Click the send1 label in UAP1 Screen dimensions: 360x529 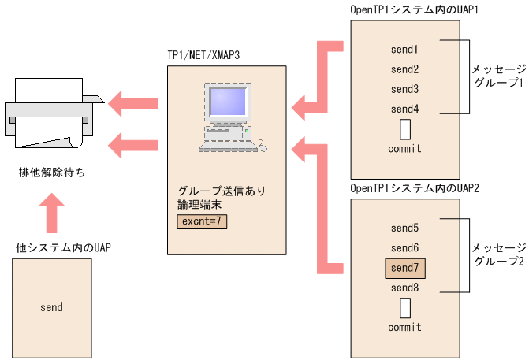coord(404,50)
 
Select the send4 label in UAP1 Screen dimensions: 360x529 coord(404,109)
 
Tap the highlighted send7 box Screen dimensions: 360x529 coord(404,269)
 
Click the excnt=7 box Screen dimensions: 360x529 coord(202,221)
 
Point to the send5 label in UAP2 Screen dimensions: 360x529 coord(404,228)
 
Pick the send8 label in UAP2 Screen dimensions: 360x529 coord(404,288)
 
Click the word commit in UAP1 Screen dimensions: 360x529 coord(404,148)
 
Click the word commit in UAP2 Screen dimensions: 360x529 coord(404,327)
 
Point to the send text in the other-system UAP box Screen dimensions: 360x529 coord(51,307)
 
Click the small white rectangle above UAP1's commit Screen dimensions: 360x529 coord(405,128)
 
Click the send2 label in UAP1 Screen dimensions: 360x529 coord(404,69)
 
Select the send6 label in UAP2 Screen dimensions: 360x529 coord(404,248)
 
